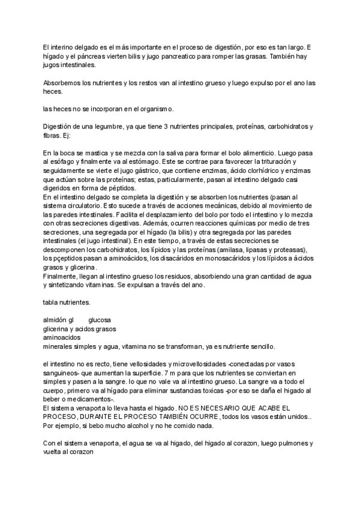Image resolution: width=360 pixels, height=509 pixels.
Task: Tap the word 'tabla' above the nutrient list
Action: click(x=52, y=302)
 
